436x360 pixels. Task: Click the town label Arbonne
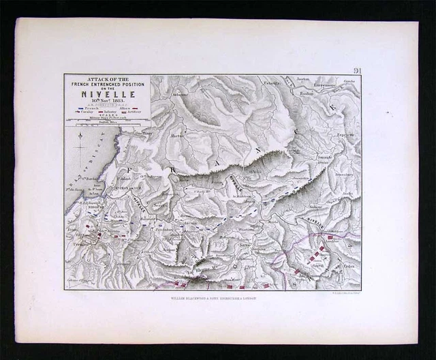(x=180, y=95)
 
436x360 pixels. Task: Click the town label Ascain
(x=189, y=222)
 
